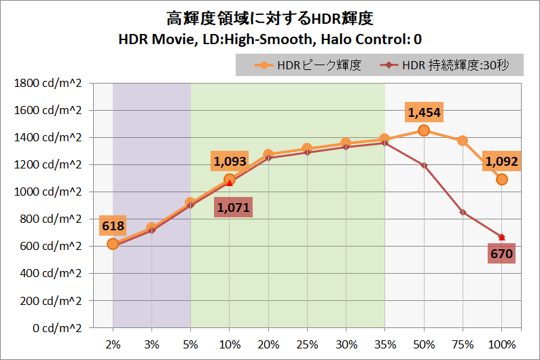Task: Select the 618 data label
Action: click(x=113, y=225)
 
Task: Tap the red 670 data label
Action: click(x=501, y=254)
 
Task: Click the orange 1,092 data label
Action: click(x=501, y=162)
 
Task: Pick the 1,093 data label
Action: click(x=230, y=162)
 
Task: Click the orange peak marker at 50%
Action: click(x=423, y=130)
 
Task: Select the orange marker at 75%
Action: click(x=463, y=141)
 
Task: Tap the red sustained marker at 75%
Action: click(x=463, y=212)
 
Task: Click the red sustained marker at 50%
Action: click(x=423, y=165)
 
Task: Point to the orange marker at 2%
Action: click(x=113, y=244)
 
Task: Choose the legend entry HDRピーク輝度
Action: click(x=310, y=65)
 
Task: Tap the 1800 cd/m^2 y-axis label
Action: click(x=47, y=84)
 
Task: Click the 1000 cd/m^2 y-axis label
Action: click(x=47, y=192)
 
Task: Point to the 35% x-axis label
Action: click(x=384, y=344)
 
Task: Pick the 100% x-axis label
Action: click(x=501, y=344)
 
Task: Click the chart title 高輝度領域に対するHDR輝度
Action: click(x=270, y=17)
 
